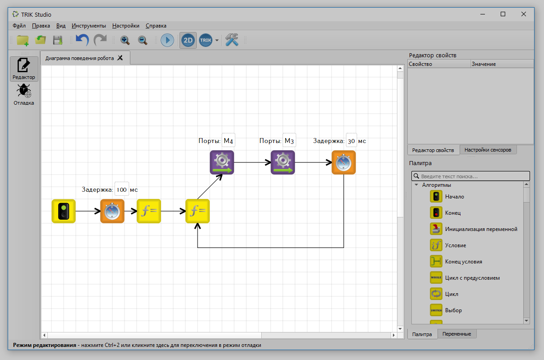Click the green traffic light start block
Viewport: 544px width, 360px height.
pyautogui.click(x=64, y=211)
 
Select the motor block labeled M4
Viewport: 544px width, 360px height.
pyautogui.click(x=222, y=162)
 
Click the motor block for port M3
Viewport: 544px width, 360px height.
pyautogui.click(x=283, y=162)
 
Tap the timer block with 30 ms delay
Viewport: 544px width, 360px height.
pyautogui.click(x=344, y=162)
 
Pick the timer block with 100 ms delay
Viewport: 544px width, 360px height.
pyautogui.click(x=112, y=211)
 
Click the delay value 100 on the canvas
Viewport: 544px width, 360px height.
pyautogui.click(x=122, y=189)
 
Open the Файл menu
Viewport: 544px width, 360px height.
pyautogui.click(x=19, y=26)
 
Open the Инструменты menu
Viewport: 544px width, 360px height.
pyautogui.click(x=89, y=26)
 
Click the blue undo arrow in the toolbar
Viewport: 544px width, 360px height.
pyautogui.click(x=83, y=40)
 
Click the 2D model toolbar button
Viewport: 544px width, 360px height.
pyautogui.click(x=188, y=40)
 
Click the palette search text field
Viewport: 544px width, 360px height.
pyautogui.click(x=470, y=176)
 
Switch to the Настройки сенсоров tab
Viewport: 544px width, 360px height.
pyautogui.click(x=488, y=150)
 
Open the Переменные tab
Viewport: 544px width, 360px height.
pyautogui.click(x=456, y=334)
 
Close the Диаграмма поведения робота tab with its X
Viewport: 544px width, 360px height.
pyautogui.click(x=120, y=58)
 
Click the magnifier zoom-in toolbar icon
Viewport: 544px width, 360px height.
pyautogui.click(x=125, y=40)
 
